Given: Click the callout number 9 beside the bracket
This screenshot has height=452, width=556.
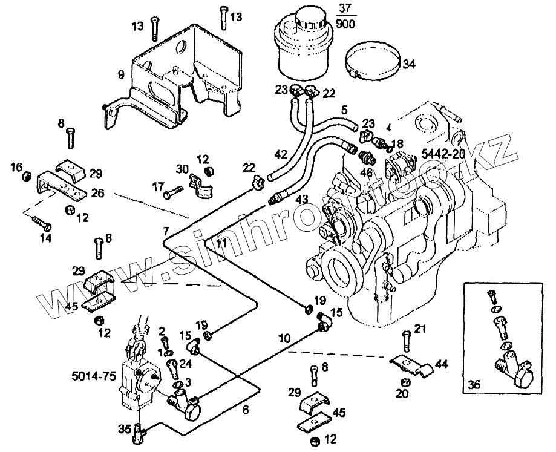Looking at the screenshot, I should pos(121,74).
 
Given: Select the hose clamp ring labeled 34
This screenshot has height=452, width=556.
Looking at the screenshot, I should pos(373,64).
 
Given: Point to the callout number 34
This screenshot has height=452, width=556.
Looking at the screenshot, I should pos(410,64).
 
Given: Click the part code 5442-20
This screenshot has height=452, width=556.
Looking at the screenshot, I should pos(443,154).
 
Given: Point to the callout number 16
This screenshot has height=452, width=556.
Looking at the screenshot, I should pos(17,166).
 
